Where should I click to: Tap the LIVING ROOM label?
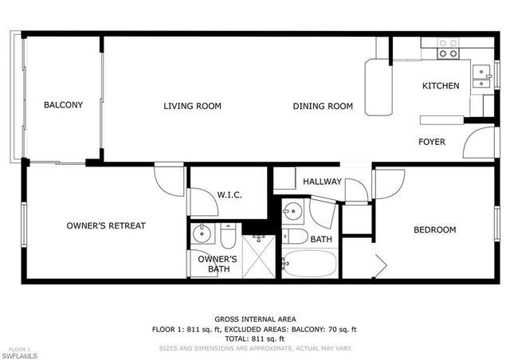coord(192,106)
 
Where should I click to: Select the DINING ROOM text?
coord(323,106)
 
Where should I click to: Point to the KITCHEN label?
coord(441,86)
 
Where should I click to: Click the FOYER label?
coord(432,142)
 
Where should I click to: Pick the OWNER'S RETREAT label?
coord(106,226)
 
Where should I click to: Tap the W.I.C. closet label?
coord(229,195)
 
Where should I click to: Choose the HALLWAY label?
coord(322,182)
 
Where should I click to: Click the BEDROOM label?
coord(434,230)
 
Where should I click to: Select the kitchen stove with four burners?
coord(449,48)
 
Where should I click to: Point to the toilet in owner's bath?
coord(228,237)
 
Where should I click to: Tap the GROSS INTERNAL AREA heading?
coord(254,319)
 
